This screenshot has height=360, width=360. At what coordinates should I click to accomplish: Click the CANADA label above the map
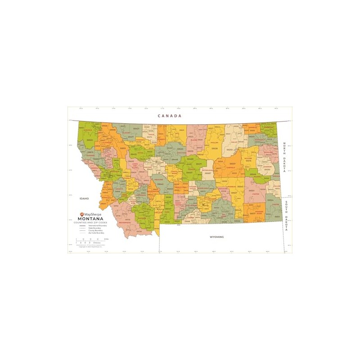[170, 116]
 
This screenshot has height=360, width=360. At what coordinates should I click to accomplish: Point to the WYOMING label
[216, 237]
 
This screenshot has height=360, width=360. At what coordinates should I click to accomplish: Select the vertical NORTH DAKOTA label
[284, 158]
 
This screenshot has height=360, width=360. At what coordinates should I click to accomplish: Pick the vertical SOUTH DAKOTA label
[286, 216]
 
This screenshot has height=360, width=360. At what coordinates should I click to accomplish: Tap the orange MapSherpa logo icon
[81, 214]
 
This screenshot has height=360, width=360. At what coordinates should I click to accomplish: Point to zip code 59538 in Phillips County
[215, 148]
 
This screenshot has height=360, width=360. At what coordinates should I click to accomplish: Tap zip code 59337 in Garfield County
[232, 164]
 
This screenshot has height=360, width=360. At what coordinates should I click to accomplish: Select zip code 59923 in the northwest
[90, 140]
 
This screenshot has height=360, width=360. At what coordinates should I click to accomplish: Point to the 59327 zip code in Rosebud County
[234, 193]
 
